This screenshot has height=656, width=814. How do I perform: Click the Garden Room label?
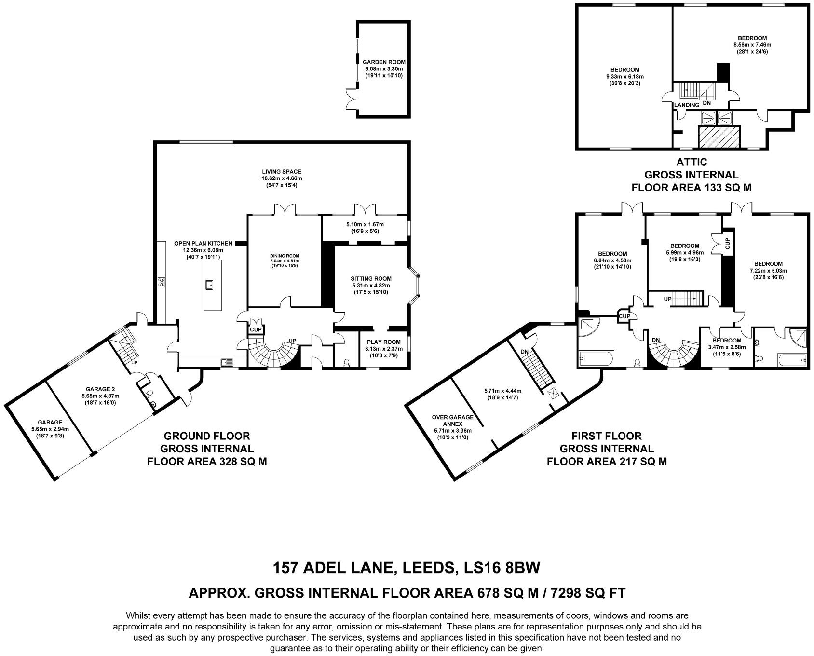pyautogui.click(x=384, y=62)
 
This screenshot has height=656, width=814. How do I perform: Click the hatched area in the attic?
pyautogui.click(x=719, y=137)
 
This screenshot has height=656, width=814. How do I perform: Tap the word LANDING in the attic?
pyautogui.click(x=686, y=105)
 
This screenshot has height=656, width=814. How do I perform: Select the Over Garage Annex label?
pyautogui.click(x=452, y=421)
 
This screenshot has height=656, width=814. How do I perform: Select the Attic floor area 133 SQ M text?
pyautogui.click(x=692, y=187)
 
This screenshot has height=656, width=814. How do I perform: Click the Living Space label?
pyautogui.click(x=282, y=171)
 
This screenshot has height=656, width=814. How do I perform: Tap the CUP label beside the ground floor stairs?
pyautogui.click(x=256, y=330)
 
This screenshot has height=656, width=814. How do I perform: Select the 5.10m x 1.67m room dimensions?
pyautogui.click(x=365, y=224)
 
